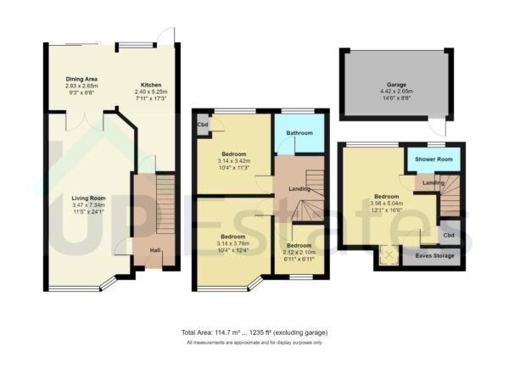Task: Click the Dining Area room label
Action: [x=82, y=79]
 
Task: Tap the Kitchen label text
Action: [x=151, y=86]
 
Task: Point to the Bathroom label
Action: [x=298, y=133]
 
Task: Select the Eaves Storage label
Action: [x=433, y=255]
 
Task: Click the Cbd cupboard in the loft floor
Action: [x=448, y=235]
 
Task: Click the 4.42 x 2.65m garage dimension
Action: [x=396, y=93]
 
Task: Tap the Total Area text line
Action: [x=254, y=332]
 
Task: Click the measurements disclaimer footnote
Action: [x=254, y=343]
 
